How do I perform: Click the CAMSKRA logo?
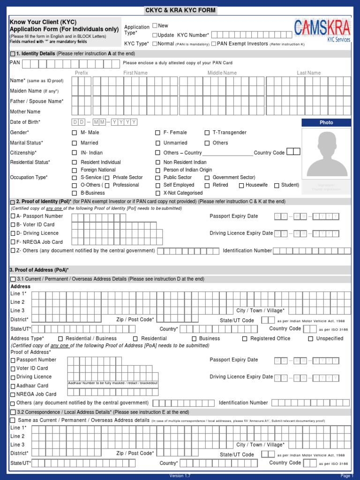[x=322, y=31]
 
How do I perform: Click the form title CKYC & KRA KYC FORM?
[x=180, y=11]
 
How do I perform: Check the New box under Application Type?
[x=155, y=25]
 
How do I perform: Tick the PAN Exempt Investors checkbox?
[x=214, y=44]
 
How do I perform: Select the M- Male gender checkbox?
[x=74, y=133]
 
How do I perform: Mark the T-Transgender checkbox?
[x=207, y=133]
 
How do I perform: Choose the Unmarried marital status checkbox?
[x=158, y=143]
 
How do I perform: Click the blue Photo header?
[x=326, y=122]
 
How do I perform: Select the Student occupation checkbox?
[x=277, y=185]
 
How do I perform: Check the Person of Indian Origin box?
[x=158, y=170]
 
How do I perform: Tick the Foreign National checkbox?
[x=74, y=170]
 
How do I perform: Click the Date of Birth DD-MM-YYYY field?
[x=104, y=122]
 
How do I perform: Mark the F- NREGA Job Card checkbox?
[x=13, y=242]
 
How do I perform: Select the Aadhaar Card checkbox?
[x=13, y=386]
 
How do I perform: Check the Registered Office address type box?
[x=245, y=338]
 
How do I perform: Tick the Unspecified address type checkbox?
[x=310, y=338]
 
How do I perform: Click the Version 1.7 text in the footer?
[x=180, y=476]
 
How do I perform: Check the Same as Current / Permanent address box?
[x=13, y=420]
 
